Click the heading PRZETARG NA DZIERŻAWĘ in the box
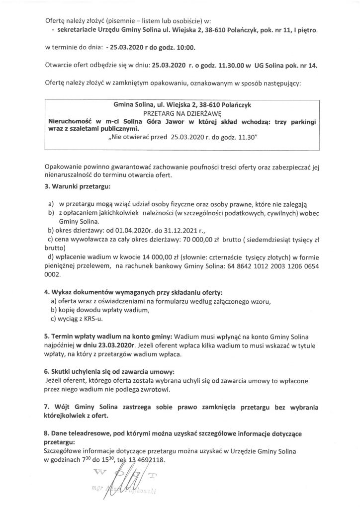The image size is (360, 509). coord(180,113)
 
